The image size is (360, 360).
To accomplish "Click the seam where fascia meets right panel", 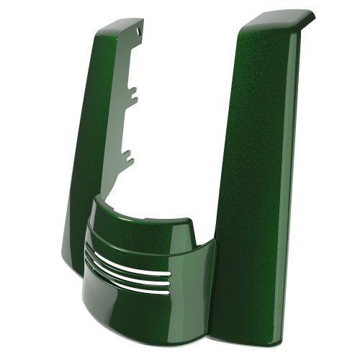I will [216, 288].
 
